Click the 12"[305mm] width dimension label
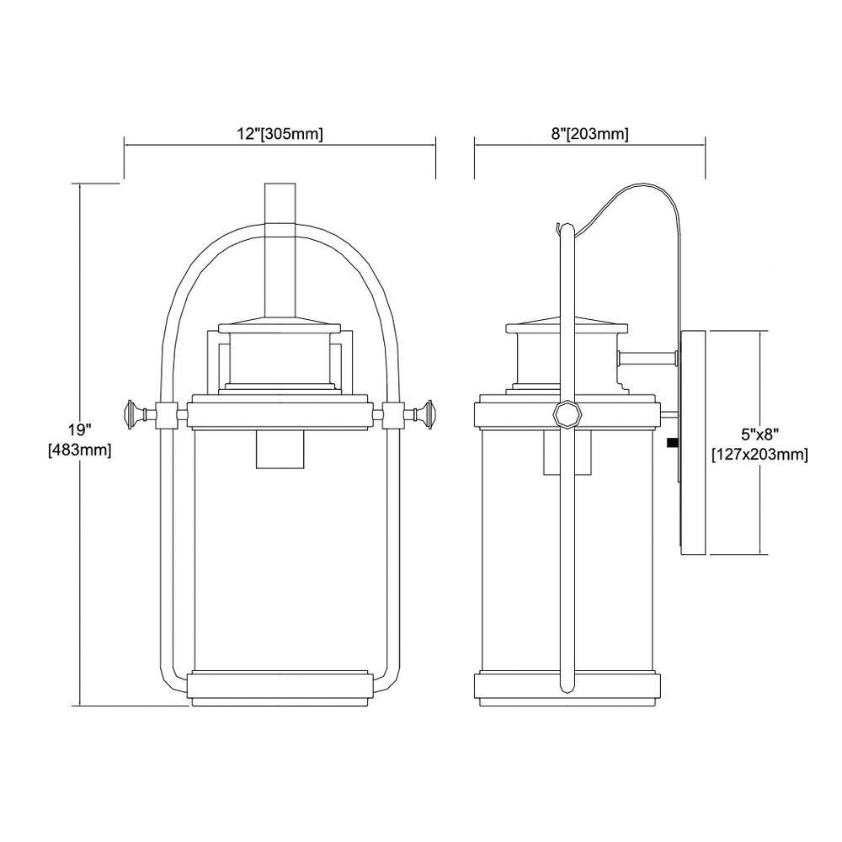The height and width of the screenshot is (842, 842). pyautogui.click(x=280, y=134)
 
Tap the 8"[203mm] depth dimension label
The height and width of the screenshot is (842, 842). pyautogui.click(x=589, y=134)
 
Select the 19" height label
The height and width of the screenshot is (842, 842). pyautogui.click(x=80, y=429)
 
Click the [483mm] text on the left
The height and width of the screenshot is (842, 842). pyautogui.click(x=80, y=450)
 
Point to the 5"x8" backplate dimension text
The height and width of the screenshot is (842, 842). pyautogui.click(x=759, y=434)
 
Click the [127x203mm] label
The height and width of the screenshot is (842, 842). pyautogui.click(x=759, y=455)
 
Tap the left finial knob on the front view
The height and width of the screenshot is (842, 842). pyautogui.click(x=134, y=414)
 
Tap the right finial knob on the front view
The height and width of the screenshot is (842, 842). pyautogui.click(x=424, y=414)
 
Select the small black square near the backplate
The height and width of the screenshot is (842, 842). pyautogui.click(x=671, y=443)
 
